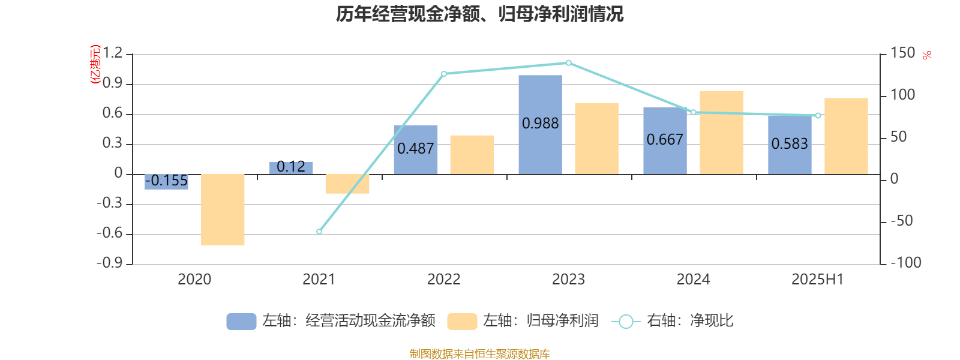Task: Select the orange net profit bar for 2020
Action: [x=223, y=209]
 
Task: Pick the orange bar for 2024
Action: [x=721, y=133]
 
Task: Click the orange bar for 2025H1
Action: [x=846, y=136]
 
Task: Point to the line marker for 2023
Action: [x=569, y=62]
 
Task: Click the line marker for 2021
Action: [x=319, y=232]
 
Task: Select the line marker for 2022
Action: [x=444, y=74]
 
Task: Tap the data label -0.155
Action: [x=167, y=181]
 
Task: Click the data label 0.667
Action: [x=665, y=140]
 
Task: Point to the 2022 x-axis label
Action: [x=443, y=279]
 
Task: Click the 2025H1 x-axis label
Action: [x=817, y=279]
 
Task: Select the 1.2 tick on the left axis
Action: [x=112, y=53]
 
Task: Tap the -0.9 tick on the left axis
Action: [x=110, y=263]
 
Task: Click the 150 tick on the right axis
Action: [x=902, y=53]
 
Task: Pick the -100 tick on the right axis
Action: [x=905, y=263]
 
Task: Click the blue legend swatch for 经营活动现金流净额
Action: [x=241, y=322]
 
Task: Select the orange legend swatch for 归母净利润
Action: [x=462, y=322]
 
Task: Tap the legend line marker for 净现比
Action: [x=626, y=322]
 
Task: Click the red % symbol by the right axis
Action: [x=927, y=55]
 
